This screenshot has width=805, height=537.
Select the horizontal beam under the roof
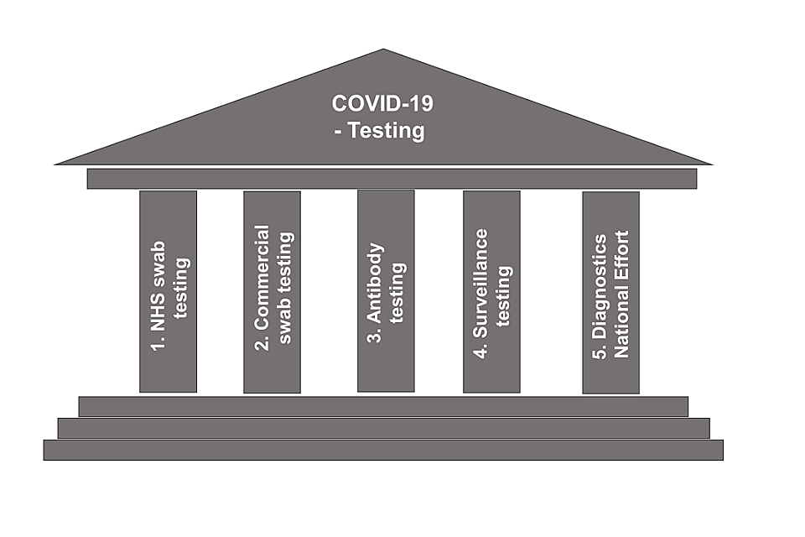click(x=392, y=179)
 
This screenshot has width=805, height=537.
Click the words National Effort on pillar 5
click(x=621, y=293)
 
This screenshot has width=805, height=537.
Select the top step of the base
click(x=383, y=407)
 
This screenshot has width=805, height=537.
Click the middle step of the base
click(x=383, y=428)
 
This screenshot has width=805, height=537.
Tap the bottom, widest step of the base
click(x=383, y=450)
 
